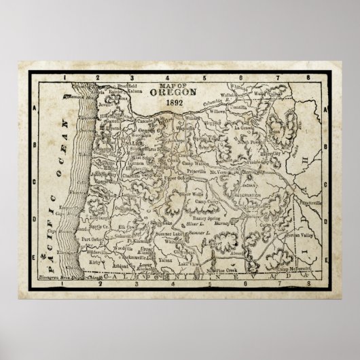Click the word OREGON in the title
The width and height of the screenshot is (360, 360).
tap(177, 92)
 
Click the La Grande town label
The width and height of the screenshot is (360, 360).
tap(262, 127)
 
